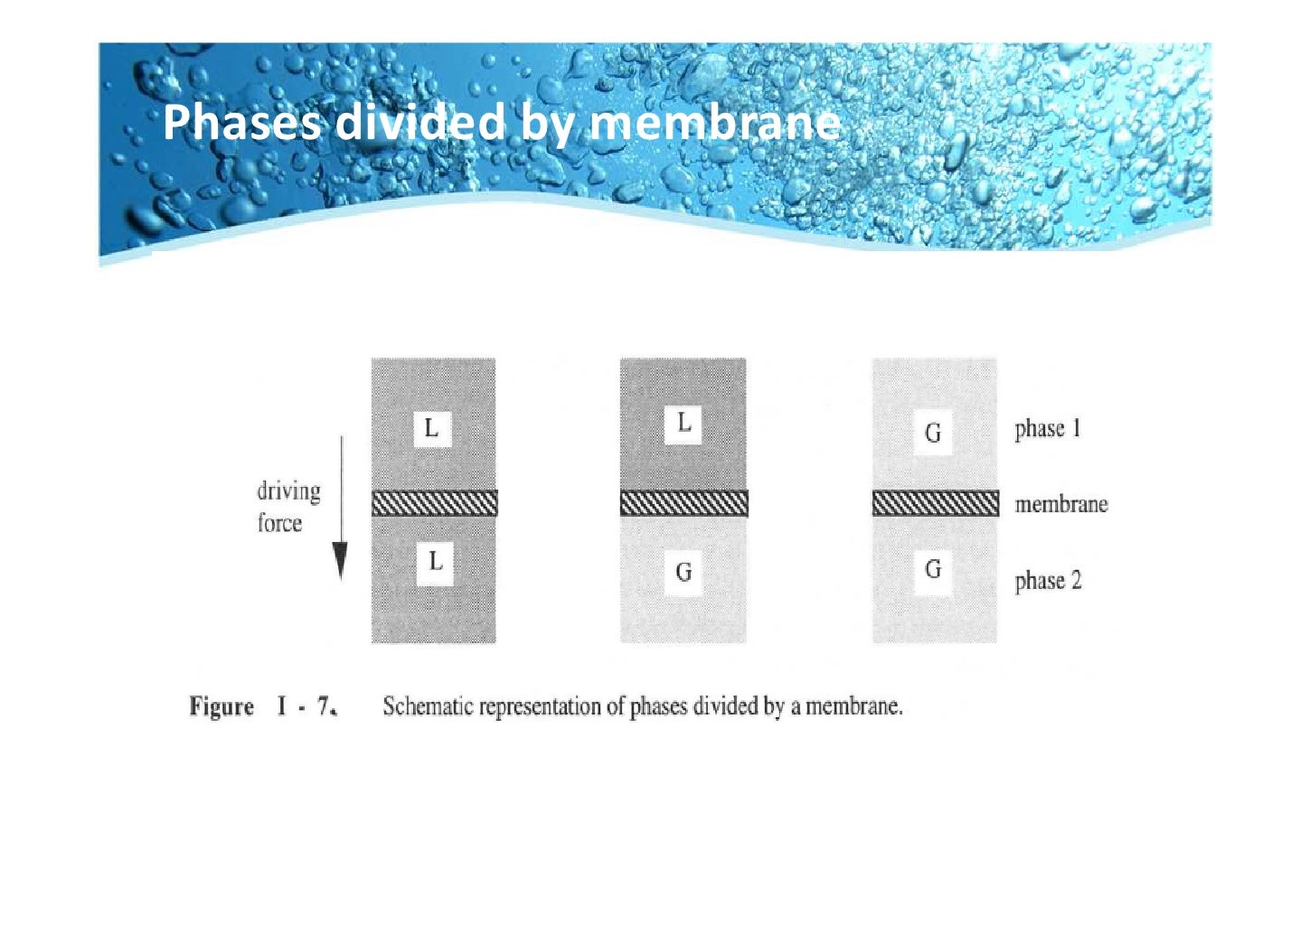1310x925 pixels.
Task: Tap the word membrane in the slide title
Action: click(714, 122)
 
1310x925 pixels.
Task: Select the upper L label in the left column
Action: click(431, 427)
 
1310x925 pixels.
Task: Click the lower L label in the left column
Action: click(435, 562)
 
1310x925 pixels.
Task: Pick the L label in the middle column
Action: click(683, 422)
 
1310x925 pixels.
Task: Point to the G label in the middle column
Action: click(683, 572)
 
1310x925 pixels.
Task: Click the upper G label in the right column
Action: click(933, 434)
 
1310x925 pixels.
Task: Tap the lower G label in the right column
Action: click(933, 569)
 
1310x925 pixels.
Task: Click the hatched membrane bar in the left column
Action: click(435, 503)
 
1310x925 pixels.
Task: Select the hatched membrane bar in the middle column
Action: click(684, 503)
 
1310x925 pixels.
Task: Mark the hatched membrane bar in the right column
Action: click(936, 503)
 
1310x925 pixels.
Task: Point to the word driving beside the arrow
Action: click(288, 491)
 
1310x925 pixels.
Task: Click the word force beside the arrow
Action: click(279, 523)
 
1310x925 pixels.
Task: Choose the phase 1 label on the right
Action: click(1048, 428)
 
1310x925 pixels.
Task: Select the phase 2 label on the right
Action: click(1048, 581)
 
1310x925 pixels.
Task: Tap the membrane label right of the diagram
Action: click(1060, 504)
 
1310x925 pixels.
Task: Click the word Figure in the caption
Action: click(221, 706)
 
